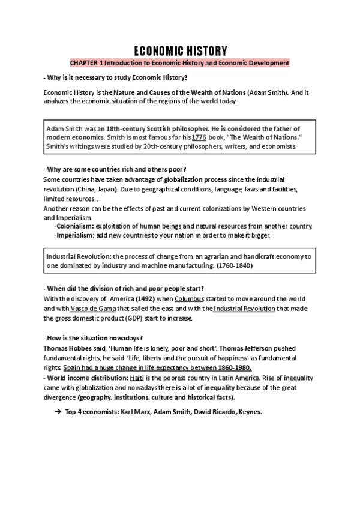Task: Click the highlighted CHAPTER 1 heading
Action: pos(179,62)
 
